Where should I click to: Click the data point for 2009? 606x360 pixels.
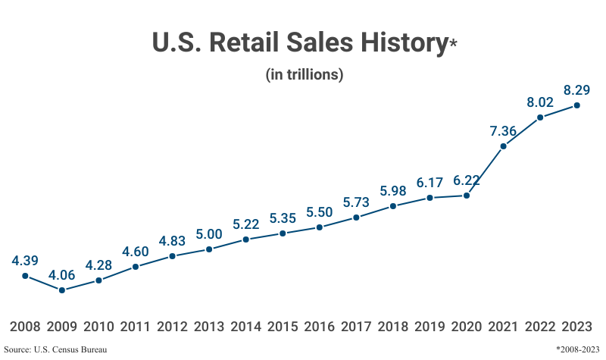pyautogui.click(x=62, y=290)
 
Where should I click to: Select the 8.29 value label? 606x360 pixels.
pyautogui.click(x=577, y=89)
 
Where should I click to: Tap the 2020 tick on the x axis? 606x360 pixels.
pyautogui.click(x=467, y=327)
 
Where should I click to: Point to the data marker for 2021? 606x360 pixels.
pyautogui.click(x=503, y=146)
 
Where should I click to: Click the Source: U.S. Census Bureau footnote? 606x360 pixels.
pyautogui.click(x=55, y=349)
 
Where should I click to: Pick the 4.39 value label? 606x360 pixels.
pyautogui.click(x=25, y=260)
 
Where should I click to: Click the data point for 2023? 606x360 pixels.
pyautogui.click(x=577, y=105)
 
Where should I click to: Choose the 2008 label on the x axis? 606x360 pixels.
pyautogui.click(x=25, y=327)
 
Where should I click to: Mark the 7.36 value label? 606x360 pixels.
pyautogui.click(x=503, y=130)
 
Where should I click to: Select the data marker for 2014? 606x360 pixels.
pyautogui.click(x=246, y=239)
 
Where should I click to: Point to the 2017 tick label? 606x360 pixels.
pyautogui.click(x=356, y=327)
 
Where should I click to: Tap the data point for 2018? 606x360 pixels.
pyautogui.click(x=393, y=205)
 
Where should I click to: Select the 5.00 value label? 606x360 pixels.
pyautogui.click(x=209, y=233)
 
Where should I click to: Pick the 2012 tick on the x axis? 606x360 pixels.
pyautogui.click(x=173, y=327)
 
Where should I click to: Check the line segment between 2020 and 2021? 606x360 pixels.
pyautogui.click(x=485, y=171)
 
